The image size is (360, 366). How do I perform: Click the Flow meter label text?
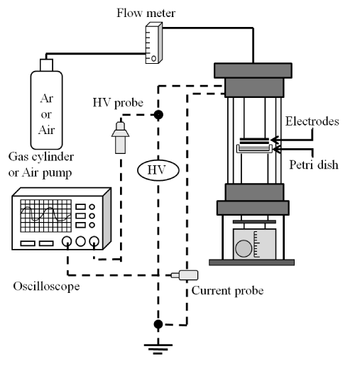[x=146, y=13]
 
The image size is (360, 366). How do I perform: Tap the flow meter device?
[x=154, y=43]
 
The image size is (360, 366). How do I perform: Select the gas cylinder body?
[x=46, y=110]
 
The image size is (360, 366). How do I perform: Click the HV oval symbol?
[x=158, y=170]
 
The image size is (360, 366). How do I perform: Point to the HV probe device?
[x=120, y=138]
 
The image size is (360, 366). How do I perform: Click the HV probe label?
[x=118, y=103]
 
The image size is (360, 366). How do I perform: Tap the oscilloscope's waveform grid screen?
[x=46, y=216]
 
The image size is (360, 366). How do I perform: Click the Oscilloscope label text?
[x=46, y=287]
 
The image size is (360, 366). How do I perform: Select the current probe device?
[x=185, y=275]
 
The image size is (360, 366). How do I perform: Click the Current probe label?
[x=227, y=291]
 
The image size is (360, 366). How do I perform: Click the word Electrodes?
[x=312, y=121]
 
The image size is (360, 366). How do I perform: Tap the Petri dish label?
[x=314, y=165]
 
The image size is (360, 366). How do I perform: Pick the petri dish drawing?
[x=254, y=149]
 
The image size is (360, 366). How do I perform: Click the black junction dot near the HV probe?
[x=158, y=115]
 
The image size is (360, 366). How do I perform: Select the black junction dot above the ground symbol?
[x=158, y=324]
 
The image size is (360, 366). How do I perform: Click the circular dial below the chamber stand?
[x=244, y=248]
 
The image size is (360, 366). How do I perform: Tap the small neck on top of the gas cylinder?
[x=46, y=65]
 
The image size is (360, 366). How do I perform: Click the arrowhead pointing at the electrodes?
[x=275, y=140]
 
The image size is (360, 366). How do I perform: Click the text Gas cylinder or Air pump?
[x=41, y=165]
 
